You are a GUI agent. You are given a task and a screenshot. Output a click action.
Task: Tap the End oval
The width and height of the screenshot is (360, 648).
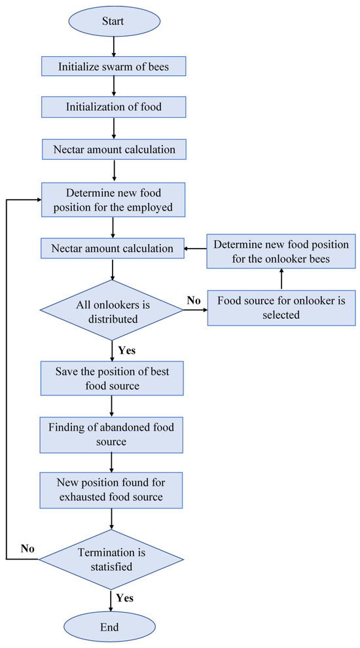click(x=110, y=626)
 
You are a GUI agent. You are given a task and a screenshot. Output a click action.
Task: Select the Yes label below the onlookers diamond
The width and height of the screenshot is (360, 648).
click(x=127, y=350)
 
